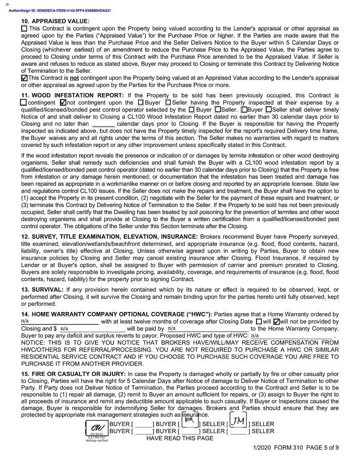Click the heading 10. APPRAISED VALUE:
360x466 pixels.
[x=55, y=21]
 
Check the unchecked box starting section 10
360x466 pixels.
[x=24, y=28]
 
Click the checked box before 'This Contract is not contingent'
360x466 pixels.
[x=24, y=78]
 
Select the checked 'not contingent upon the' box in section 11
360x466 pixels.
[x=63, y=103]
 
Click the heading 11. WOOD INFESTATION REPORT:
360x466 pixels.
[x=73, y=95]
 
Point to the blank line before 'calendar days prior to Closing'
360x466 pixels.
[x=103, y=124]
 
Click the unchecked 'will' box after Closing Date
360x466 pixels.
[x=259, y=321]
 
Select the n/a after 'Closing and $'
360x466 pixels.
[x=64, y=328]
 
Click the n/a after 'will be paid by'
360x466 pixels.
[x=172, y=328]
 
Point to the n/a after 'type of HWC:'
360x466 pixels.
[x=254, y=336]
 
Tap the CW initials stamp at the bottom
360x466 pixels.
[x=97, y=428]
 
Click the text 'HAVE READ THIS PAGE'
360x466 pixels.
[x=180, y=438]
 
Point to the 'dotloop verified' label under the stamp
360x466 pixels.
[x=97, y=440]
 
